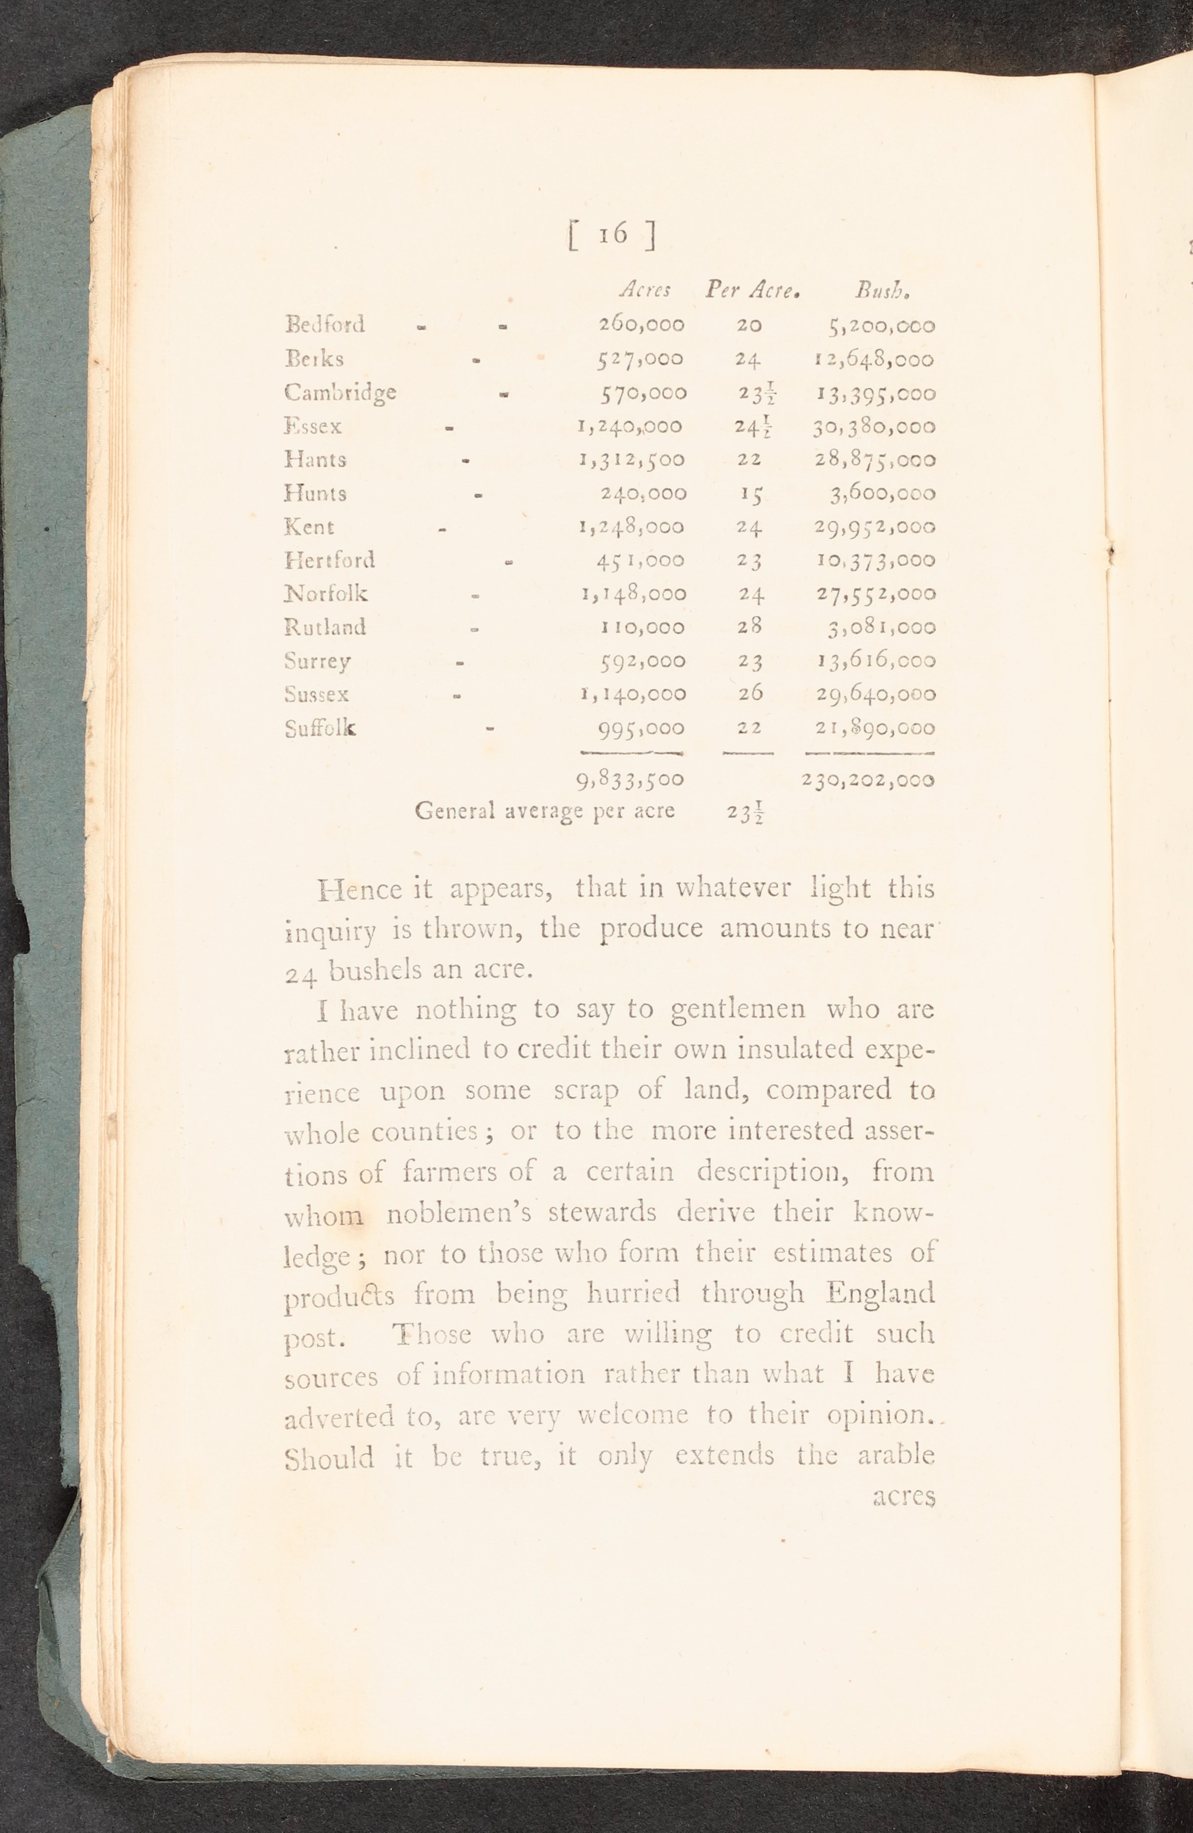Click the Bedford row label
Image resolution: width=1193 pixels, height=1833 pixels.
click(325, 324)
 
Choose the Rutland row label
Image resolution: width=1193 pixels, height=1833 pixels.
click(325, 627)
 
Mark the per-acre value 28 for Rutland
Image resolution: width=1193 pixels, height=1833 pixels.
click(748, 627)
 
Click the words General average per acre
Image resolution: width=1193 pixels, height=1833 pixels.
click(544, 811)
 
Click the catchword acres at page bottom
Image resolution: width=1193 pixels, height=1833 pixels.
click(904, 1496)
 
